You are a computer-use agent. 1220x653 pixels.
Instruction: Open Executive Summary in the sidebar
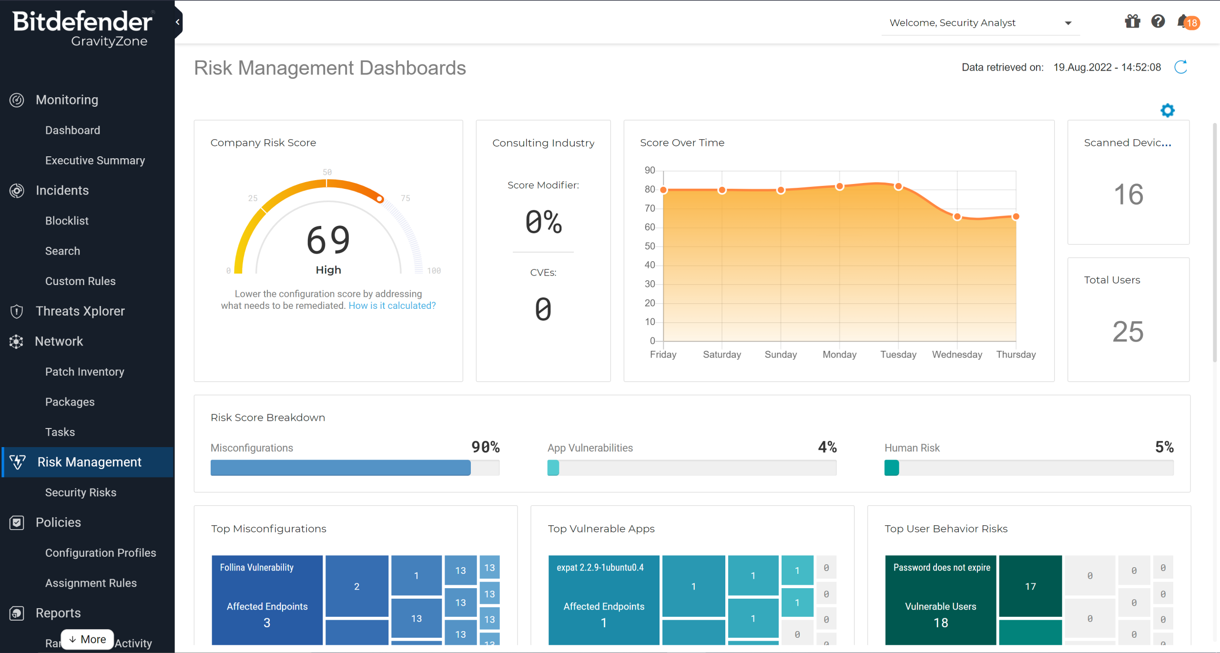[x=95, y=161]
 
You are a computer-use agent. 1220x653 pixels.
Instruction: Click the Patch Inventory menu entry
[x=84, y=372]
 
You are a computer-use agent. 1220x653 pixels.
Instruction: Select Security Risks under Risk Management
[x=81, y=492]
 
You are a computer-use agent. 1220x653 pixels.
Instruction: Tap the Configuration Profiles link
[x=100, y=553]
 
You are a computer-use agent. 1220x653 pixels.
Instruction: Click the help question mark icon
[x=1158, y=21]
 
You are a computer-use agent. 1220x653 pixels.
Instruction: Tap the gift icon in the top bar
[x=1132, y=21]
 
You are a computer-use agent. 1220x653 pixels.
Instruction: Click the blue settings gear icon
[x=1167, y=111]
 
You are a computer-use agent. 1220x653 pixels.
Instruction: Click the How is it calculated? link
[x=392, y=306]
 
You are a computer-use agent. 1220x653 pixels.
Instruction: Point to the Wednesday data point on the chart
[x=957, y=217]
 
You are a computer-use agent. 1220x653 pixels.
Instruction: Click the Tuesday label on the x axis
[x=898, y=355]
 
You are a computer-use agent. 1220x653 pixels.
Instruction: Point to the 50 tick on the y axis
[x=650, y=246]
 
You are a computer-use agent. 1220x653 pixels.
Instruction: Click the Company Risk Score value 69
[x=328, y=240]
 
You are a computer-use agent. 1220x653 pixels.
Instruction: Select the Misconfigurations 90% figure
[x=485, y=447]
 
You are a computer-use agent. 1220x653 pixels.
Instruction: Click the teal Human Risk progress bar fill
[x=891, y=468]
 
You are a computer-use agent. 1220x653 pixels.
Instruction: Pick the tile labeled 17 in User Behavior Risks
[x=1030, y=586]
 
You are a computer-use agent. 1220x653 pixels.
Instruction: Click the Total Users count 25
[x=1128, y=332]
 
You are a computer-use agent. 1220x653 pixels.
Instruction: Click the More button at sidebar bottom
[x=87, y=639]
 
